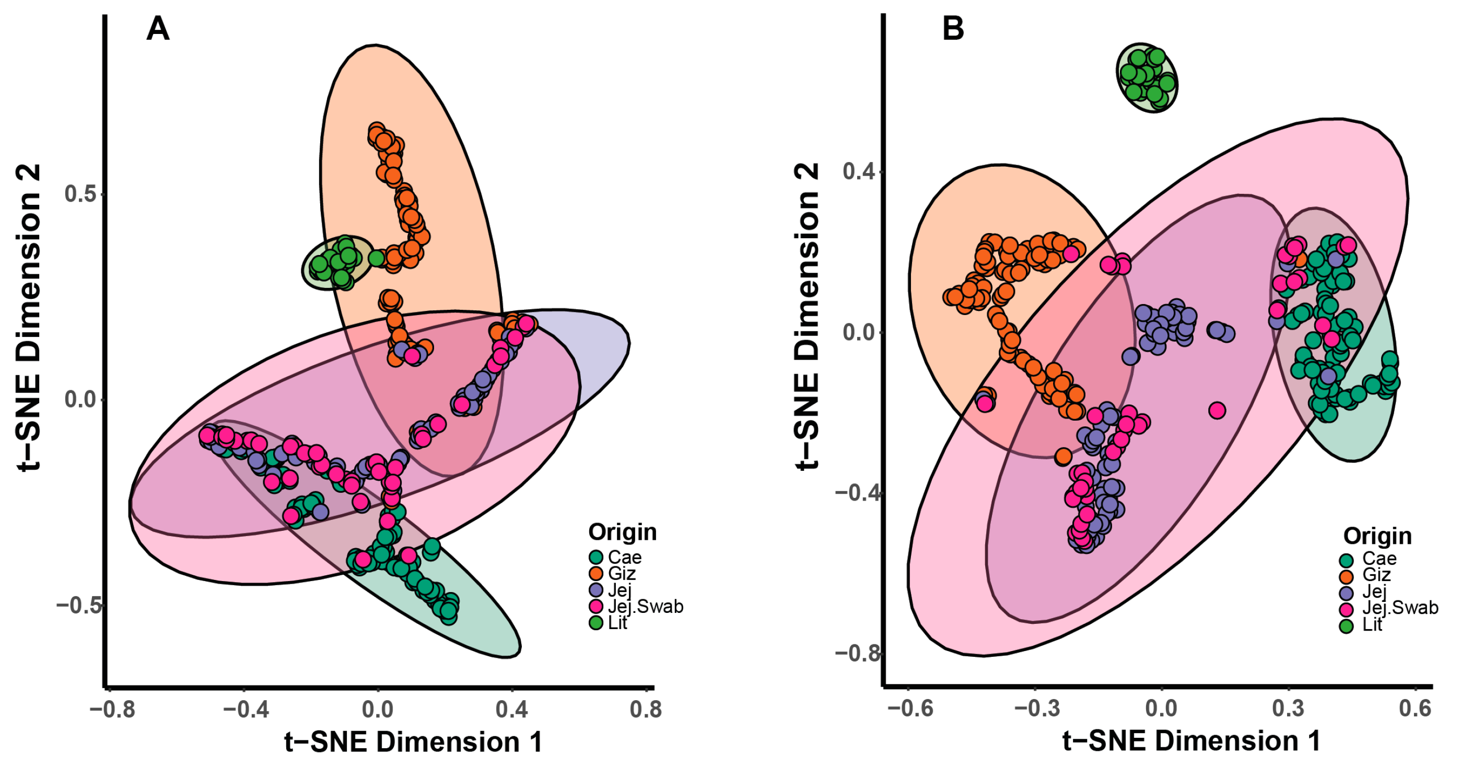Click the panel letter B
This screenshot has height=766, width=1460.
point(953,28)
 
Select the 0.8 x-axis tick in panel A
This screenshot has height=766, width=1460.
point(646,709)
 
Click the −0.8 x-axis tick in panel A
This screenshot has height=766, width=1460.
point(112,709)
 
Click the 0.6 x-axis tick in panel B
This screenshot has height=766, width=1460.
point(1415,708)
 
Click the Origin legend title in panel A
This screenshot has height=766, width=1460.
point(622,532)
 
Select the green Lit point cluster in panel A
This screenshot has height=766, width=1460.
point(336,262)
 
